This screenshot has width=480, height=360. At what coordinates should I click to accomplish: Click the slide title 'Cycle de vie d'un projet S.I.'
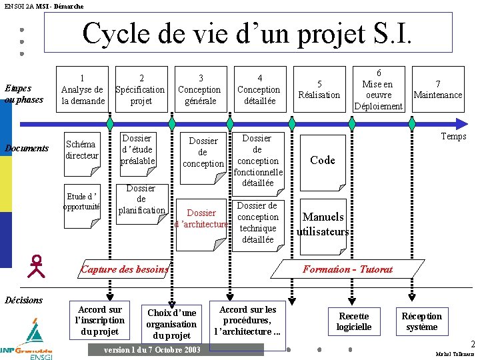pyautogui.click(x=247, y=33)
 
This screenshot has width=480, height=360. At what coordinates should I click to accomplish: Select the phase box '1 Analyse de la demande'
pyautogui.click(x=82, y=89)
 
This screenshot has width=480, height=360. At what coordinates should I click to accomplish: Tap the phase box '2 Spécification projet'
pyautogui.click(x=141, y=89)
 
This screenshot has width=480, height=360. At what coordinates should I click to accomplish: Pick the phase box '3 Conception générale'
pyautogui.click(x=200, y=89)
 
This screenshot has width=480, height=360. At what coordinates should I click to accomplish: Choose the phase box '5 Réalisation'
pyautogui.click(x=319, y=89)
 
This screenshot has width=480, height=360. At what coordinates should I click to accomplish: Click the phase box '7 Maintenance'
pyautogui.click(x=437, y=89)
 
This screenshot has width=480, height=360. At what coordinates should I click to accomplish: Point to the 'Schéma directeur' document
pyautogui.click(x=82, y=150)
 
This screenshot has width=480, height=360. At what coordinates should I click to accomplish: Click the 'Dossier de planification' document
pyautogui.click(x=141, y=199)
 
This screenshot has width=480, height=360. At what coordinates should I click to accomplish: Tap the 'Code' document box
pyautogui.click(x=323, y=160)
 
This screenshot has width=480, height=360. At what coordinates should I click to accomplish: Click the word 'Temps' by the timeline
pyautogui.click(x=453, y=137)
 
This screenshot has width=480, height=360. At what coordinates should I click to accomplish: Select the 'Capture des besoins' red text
pyautogui.click(x=124, y=269)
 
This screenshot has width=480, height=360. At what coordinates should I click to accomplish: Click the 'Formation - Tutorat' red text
pyautogui.click(x=347, y=269)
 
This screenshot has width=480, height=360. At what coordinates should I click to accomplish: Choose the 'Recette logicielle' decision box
pyautogui.click(x=353, y=321)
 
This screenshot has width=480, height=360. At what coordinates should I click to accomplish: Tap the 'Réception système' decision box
pyautogui.click(x=421, y=321)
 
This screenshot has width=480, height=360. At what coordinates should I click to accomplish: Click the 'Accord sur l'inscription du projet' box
pyautogui.click(x=99, y=320)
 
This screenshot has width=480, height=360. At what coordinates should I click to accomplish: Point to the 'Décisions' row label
pyautogui.click(x=23, y=300)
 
